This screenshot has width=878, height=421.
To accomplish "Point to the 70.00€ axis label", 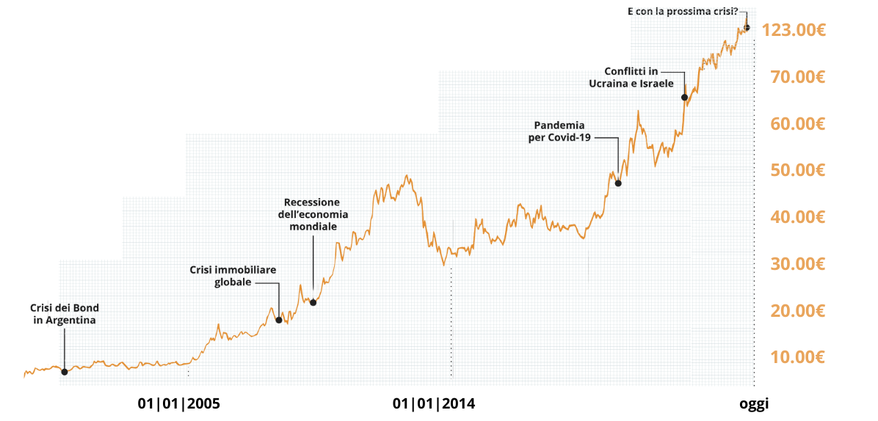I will (x=798, y=77).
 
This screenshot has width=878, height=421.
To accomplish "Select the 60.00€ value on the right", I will (x=798, y=123).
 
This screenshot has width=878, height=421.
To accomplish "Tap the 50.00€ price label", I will (x=798, y=170).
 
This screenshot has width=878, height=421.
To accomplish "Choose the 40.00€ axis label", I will (x=798, y=217).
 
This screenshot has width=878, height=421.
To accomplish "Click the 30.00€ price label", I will (x=798, y=264).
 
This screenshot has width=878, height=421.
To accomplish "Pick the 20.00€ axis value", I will (x=798, y=311).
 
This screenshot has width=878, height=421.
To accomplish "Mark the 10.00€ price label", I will (x=798, y=357).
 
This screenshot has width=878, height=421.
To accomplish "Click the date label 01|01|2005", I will (x=179, y=403).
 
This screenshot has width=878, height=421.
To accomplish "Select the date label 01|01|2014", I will (x=434, y=403).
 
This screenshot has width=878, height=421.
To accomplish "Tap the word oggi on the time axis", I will (x=754, y=403).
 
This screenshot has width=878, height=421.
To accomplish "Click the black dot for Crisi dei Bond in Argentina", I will (x=65, y=372).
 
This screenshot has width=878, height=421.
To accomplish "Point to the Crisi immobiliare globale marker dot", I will (x=279, y=320).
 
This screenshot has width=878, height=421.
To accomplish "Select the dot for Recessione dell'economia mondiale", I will (x=313, y=302).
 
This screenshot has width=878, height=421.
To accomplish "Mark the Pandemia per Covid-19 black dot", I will (x=618, y=183).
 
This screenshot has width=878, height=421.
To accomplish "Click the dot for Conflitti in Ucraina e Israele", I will (x=684, y=98).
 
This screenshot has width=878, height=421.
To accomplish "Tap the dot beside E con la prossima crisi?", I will (x=747, y=28).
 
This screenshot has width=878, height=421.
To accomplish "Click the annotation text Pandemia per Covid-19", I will (x=560, y=131).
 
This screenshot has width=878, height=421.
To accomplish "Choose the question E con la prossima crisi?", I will (x=683, y=12).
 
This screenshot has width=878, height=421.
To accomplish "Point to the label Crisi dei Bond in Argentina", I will (x=65, y=314).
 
